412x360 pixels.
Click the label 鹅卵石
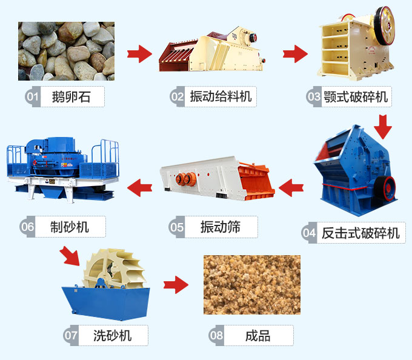[x=71, y=96]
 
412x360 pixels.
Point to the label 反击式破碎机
[x=360, y=233]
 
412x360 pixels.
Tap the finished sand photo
[x=251, y=284]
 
